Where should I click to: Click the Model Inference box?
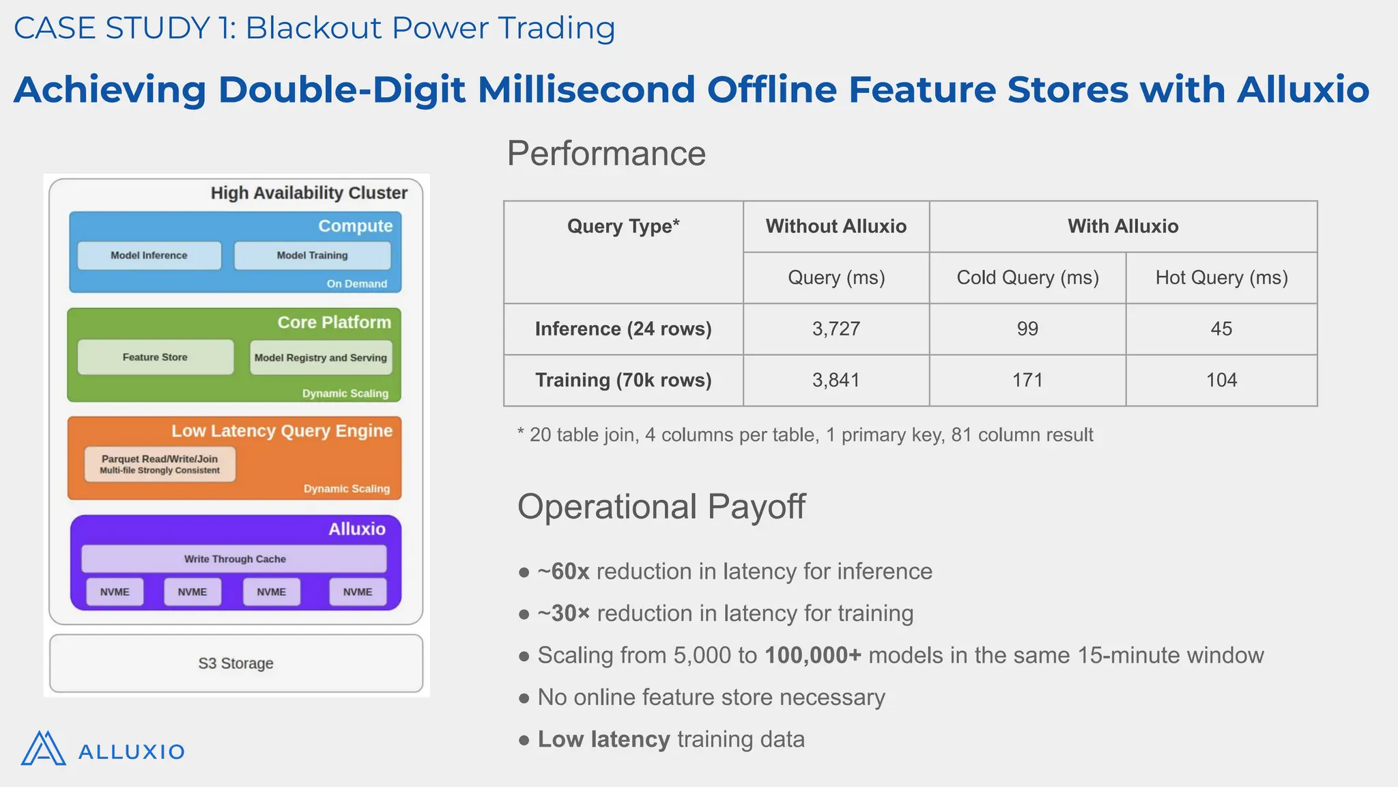(149, 256)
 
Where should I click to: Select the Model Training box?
(312, 256)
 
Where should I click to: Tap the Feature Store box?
(155, 357)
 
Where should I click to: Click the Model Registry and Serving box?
(321, 358)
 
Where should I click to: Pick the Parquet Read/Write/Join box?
(160, 464)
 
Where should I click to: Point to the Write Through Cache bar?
(234, 559)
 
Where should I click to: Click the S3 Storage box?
(236, 663)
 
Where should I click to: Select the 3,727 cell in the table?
(836, 329)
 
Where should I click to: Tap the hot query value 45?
(1221, 329)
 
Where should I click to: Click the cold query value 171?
(1027, 380)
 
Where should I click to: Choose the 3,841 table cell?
(836, 380)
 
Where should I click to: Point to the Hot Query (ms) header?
(1221, 277)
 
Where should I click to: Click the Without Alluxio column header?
(836, 226)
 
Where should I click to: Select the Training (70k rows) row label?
(623, 380)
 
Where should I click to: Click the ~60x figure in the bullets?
(563, 571)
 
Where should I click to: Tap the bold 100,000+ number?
(813, 655)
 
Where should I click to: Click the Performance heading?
(606, 153)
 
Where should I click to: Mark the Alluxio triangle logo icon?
(43, 749)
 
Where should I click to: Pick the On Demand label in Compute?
(356, 284)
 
